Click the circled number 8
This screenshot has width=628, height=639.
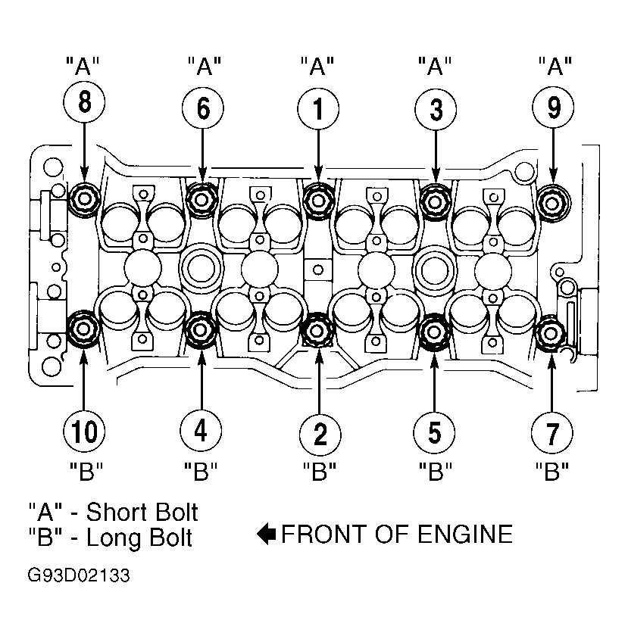pos(84,102)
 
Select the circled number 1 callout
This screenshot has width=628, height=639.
pos(318,109)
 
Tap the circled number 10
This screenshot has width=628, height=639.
pos(84,431)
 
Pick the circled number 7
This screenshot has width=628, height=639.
pos(551,433)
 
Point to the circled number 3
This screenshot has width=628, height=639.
pos(436,110)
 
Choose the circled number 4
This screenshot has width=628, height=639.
pos(201,430)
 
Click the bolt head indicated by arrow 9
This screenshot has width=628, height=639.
pos(552,203)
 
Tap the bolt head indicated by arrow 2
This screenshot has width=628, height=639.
pos(317,330)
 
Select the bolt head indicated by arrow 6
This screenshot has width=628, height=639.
pos(202,200)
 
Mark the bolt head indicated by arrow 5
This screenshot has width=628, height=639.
pos(434,332)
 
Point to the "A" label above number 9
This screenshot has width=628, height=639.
pos(555,66)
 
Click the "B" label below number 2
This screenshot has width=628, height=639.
pos(319,471)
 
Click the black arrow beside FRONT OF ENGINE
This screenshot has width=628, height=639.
pos(267,534)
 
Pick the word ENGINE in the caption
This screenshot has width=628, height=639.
pos(465,534)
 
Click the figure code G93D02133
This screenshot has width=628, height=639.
pos(79,575)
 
